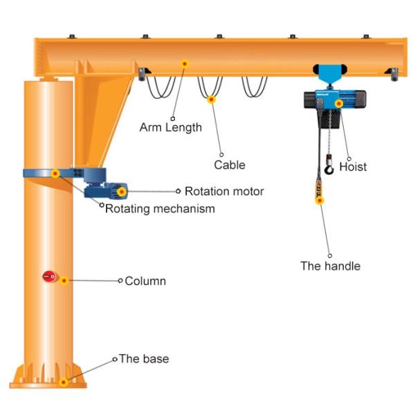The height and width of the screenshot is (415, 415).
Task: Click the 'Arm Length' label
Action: (170, 127)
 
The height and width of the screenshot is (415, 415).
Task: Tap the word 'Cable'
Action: (229, 165)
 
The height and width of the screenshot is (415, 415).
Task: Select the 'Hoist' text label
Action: (353, 167)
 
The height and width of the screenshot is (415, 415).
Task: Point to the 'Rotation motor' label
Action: (223, 191)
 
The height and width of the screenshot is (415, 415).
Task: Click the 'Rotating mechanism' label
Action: (160, 208)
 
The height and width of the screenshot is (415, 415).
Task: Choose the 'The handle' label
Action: (330, 266)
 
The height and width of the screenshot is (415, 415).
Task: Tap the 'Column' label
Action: (145, 281)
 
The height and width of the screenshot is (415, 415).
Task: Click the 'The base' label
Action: (144, 359)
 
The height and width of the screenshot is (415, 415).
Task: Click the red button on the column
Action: (48, 277)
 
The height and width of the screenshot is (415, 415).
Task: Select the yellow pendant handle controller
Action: (319, 191)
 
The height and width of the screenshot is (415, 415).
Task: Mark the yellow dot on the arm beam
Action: (185, 64)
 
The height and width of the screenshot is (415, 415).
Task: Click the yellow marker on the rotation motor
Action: (122, 192)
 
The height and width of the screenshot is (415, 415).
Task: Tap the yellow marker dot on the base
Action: (64, 381)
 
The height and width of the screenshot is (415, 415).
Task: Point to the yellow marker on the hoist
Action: (339, 104)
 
